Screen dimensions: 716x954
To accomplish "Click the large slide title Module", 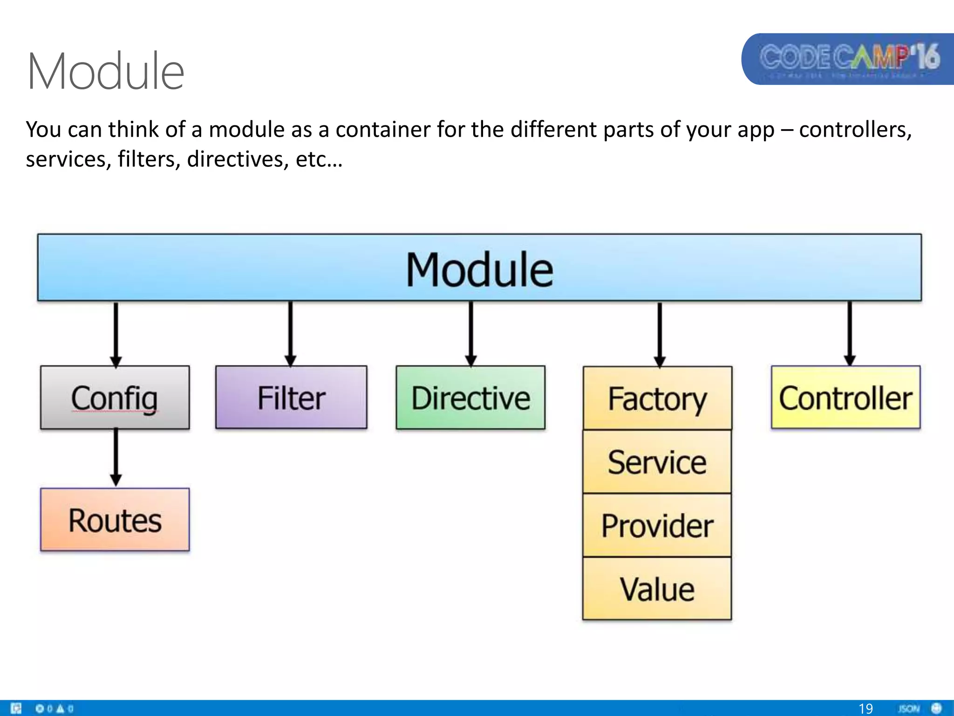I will pyautogui.click(x=106, y=71).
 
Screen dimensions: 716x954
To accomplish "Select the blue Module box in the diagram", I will pyautogui.click(x=479, y=268).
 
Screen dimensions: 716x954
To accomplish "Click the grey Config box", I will pyautogui.click(x=115, y=398).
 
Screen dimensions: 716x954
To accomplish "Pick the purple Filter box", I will pyautogui.click(x=291, y=398).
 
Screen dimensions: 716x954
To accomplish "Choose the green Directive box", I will pyautogui.click(x=470, y=398).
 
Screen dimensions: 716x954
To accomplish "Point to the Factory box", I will pyautogui.click(x=657, y=399).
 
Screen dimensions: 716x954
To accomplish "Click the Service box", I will pyautogui.click(x=657, y=462).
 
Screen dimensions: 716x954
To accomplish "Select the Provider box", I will pyautogui.click(x=657, y=525).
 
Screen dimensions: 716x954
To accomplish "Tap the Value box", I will pyautogui.click(x=657, y=589).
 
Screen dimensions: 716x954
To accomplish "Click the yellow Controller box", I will pyautogui.click(x=845, y=398).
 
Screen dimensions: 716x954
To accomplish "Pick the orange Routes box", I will pyautogui.click(x=115, y=520).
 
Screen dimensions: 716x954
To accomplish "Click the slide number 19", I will pyautogui.click(x=865, y=709).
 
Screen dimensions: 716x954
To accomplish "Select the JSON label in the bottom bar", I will pyautogui.click(x=908, y=709).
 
